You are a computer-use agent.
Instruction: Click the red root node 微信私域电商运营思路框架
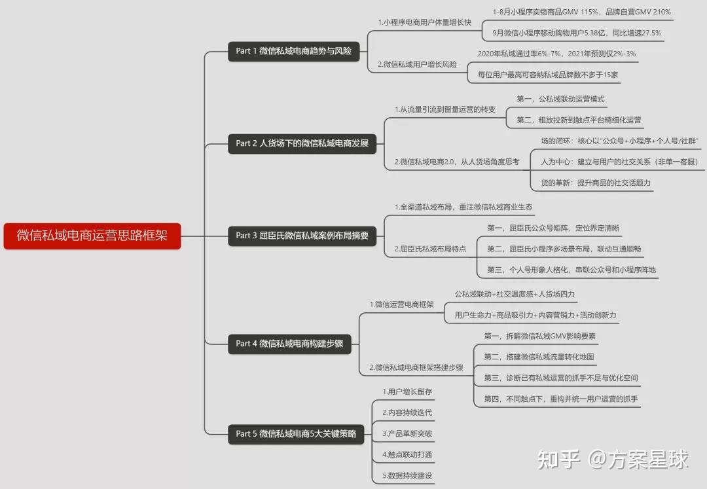[x=92, y=236]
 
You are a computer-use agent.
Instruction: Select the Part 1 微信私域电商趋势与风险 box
[x=294, y=51]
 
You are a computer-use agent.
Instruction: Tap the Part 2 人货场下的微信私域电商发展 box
[x=302, y=143]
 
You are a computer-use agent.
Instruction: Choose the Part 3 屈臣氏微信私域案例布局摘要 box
[x=302, y=236]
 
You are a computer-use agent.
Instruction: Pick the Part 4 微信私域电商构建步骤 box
[x=289, y=343]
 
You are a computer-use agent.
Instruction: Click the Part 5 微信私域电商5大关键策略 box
[x=296, y=433]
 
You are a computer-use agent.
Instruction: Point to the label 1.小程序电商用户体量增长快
[x=424, y=22]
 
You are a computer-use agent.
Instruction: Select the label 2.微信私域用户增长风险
[x=417, y=65]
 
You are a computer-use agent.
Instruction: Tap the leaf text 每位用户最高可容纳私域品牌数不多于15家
[x=548, y=75]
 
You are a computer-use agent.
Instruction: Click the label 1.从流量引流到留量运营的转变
[x=444, y=109]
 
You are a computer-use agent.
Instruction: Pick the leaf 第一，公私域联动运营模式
[x=560, y=99]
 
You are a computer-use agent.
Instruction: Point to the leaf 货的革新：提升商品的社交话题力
[x=596, y=183]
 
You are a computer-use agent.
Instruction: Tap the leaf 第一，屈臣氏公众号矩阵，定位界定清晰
[x=553, y=228]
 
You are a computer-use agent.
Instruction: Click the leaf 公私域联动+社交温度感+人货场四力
[x=515, y=294]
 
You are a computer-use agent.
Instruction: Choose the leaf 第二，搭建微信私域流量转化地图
[x=539, y=357]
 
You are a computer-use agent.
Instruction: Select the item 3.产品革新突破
[x=407, y=433]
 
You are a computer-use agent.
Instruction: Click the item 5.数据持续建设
[x=407, y=475]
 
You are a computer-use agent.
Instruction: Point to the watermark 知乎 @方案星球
[x=613, y=460]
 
